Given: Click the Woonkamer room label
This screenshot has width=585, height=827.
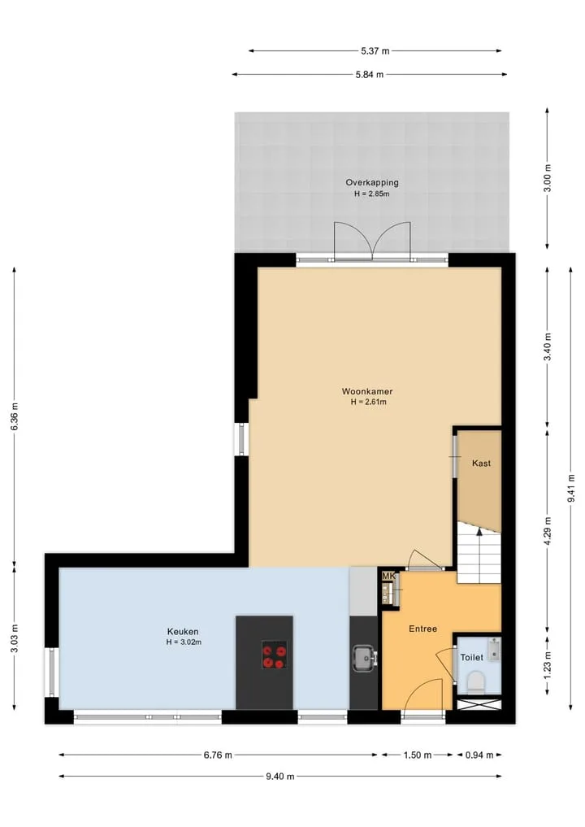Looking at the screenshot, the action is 367,391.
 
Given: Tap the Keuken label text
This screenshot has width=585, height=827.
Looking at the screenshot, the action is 183,631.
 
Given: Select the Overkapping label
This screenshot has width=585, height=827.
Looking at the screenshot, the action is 372,182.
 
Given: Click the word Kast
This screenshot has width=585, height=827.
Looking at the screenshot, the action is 481,463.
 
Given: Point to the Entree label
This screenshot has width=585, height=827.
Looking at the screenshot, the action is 423,629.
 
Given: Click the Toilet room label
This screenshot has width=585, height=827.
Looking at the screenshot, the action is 472,657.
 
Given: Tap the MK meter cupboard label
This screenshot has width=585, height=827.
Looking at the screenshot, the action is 388,576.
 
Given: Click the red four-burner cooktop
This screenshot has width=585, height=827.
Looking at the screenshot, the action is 275,655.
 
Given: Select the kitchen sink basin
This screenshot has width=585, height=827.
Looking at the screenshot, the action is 364,659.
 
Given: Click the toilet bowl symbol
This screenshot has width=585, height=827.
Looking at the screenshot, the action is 477,681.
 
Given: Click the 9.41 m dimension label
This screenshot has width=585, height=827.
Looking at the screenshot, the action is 570,488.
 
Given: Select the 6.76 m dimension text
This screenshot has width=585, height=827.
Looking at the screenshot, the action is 219,755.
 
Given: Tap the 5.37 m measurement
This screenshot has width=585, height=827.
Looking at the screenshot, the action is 375,51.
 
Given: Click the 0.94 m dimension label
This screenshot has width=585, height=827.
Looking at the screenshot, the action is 479,755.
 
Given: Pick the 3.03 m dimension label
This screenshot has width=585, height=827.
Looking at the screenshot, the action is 15,638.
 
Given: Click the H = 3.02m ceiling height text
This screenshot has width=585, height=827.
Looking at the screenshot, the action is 184,642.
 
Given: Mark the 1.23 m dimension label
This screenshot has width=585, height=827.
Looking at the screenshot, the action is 548,665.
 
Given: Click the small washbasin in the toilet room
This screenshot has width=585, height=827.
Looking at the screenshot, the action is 494,649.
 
